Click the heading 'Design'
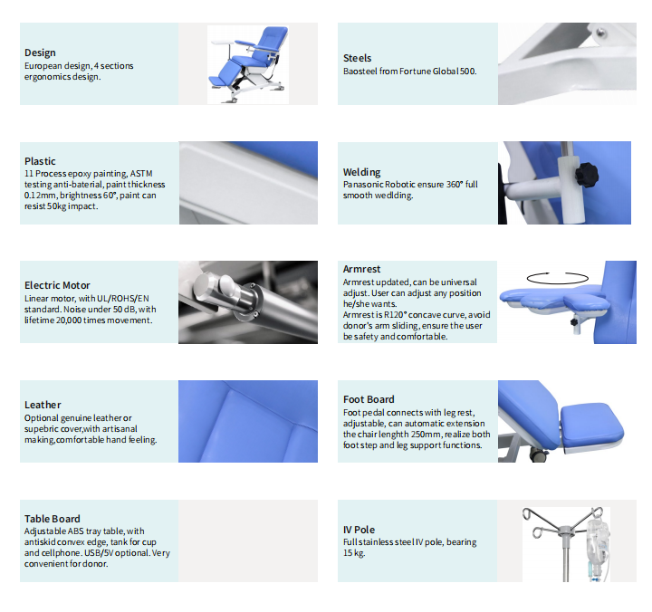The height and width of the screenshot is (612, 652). pyautogui.click(x=40, y=53)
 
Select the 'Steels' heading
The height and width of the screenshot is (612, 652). pyautogui.click(x=357, y=58)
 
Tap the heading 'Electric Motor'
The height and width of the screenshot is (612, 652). pyautogui.click(x=57, y=285)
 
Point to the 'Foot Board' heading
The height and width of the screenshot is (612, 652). pyautogui.click(x=369, y=399)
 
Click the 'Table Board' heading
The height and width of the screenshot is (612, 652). pyautogui.click(x=52, y=519)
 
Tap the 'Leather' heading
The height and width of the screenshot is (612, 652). pyautogui.click(x=43, y=405)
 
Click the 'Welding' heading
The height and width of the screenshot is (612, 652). pyautogui.click(x=361, y=172)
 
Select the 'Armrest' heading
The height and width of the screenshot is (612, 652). pyautogui.click(x=361, y=269)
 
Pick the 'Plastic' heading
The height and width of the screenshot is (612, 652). pyautogui.click(x=40, y=161)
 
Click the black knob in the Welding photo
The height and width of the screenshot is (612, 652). pyautogui.click(x=587, y=174)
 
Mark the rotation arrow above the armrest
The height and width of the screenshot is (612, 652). pyautogui.click(x=557, y=278)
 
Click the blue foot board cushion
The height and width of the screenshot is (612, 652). pyautogui.click(x=591, y=424)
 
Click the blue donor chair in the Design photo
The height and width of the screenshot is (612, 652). pyautogui.click(x=248, y=64)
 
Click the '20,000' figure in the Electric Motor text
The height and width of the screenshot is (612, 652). pyautogui.click(x=69, y=320)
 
